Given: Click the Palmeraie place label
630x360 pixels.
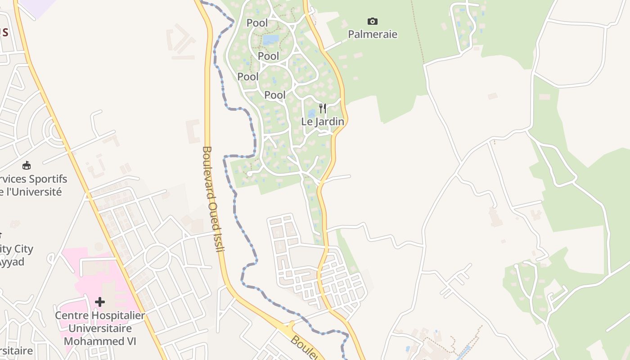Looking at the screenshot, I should point(373,34).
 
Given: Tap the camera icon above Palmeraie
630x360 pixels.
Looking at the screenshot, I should point(372,21).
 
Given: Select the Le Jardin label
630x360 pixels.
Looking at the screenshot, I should point(323,121).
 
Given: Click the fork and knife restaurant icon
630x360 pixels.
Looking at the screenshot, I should point(322,108).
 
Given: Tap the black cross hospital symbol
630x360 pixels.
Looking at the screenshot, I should point(100,301).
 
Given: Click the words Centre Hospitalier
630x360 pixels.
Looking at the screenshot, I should point(100,315).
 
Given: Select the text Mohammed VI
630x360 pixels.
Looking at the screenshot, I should point(100,341).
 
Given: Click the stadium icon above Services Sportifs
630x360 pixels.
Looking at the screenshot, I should point(26,165).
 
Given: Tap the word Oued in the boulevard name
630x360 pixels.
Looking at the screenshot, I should point(214,212).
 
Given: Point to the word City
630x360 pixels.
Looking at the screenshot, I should point(23,249).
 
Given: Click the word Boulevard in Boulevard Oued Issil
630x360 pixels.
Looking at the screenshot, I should point(208,173).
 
